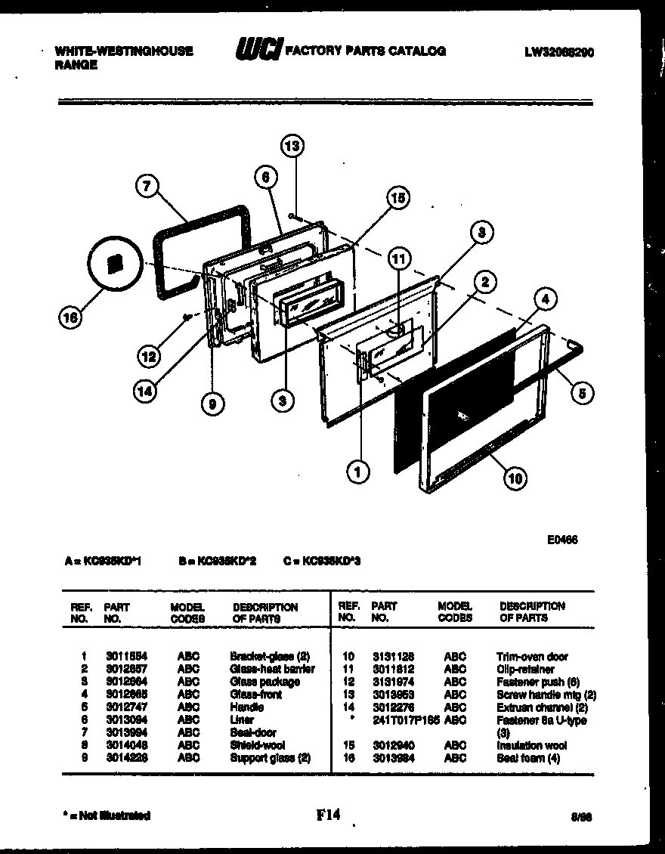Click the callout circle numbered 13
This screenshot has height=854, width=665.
click(292, 146)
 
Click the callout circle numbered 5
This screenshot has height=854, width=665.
click(582, 391)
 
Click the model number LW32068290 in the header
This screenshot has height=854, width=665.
click(558, 52)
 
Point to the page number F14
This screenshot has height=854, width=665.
click(329, 815)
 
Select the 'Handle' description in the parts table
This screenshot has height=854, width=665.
click(246, 707)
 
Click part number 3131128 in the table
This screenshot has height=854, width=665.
click(392, 657)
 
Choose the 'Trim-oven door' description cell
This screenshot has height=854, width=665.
click(532, 657)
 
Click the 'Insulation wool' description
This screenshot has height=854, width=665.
click(532, 745)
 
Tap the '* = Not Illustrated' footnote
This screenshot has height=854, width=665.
click(106, 815)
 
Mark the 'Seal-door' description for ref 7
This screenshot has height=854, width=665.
click(252, 732)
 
